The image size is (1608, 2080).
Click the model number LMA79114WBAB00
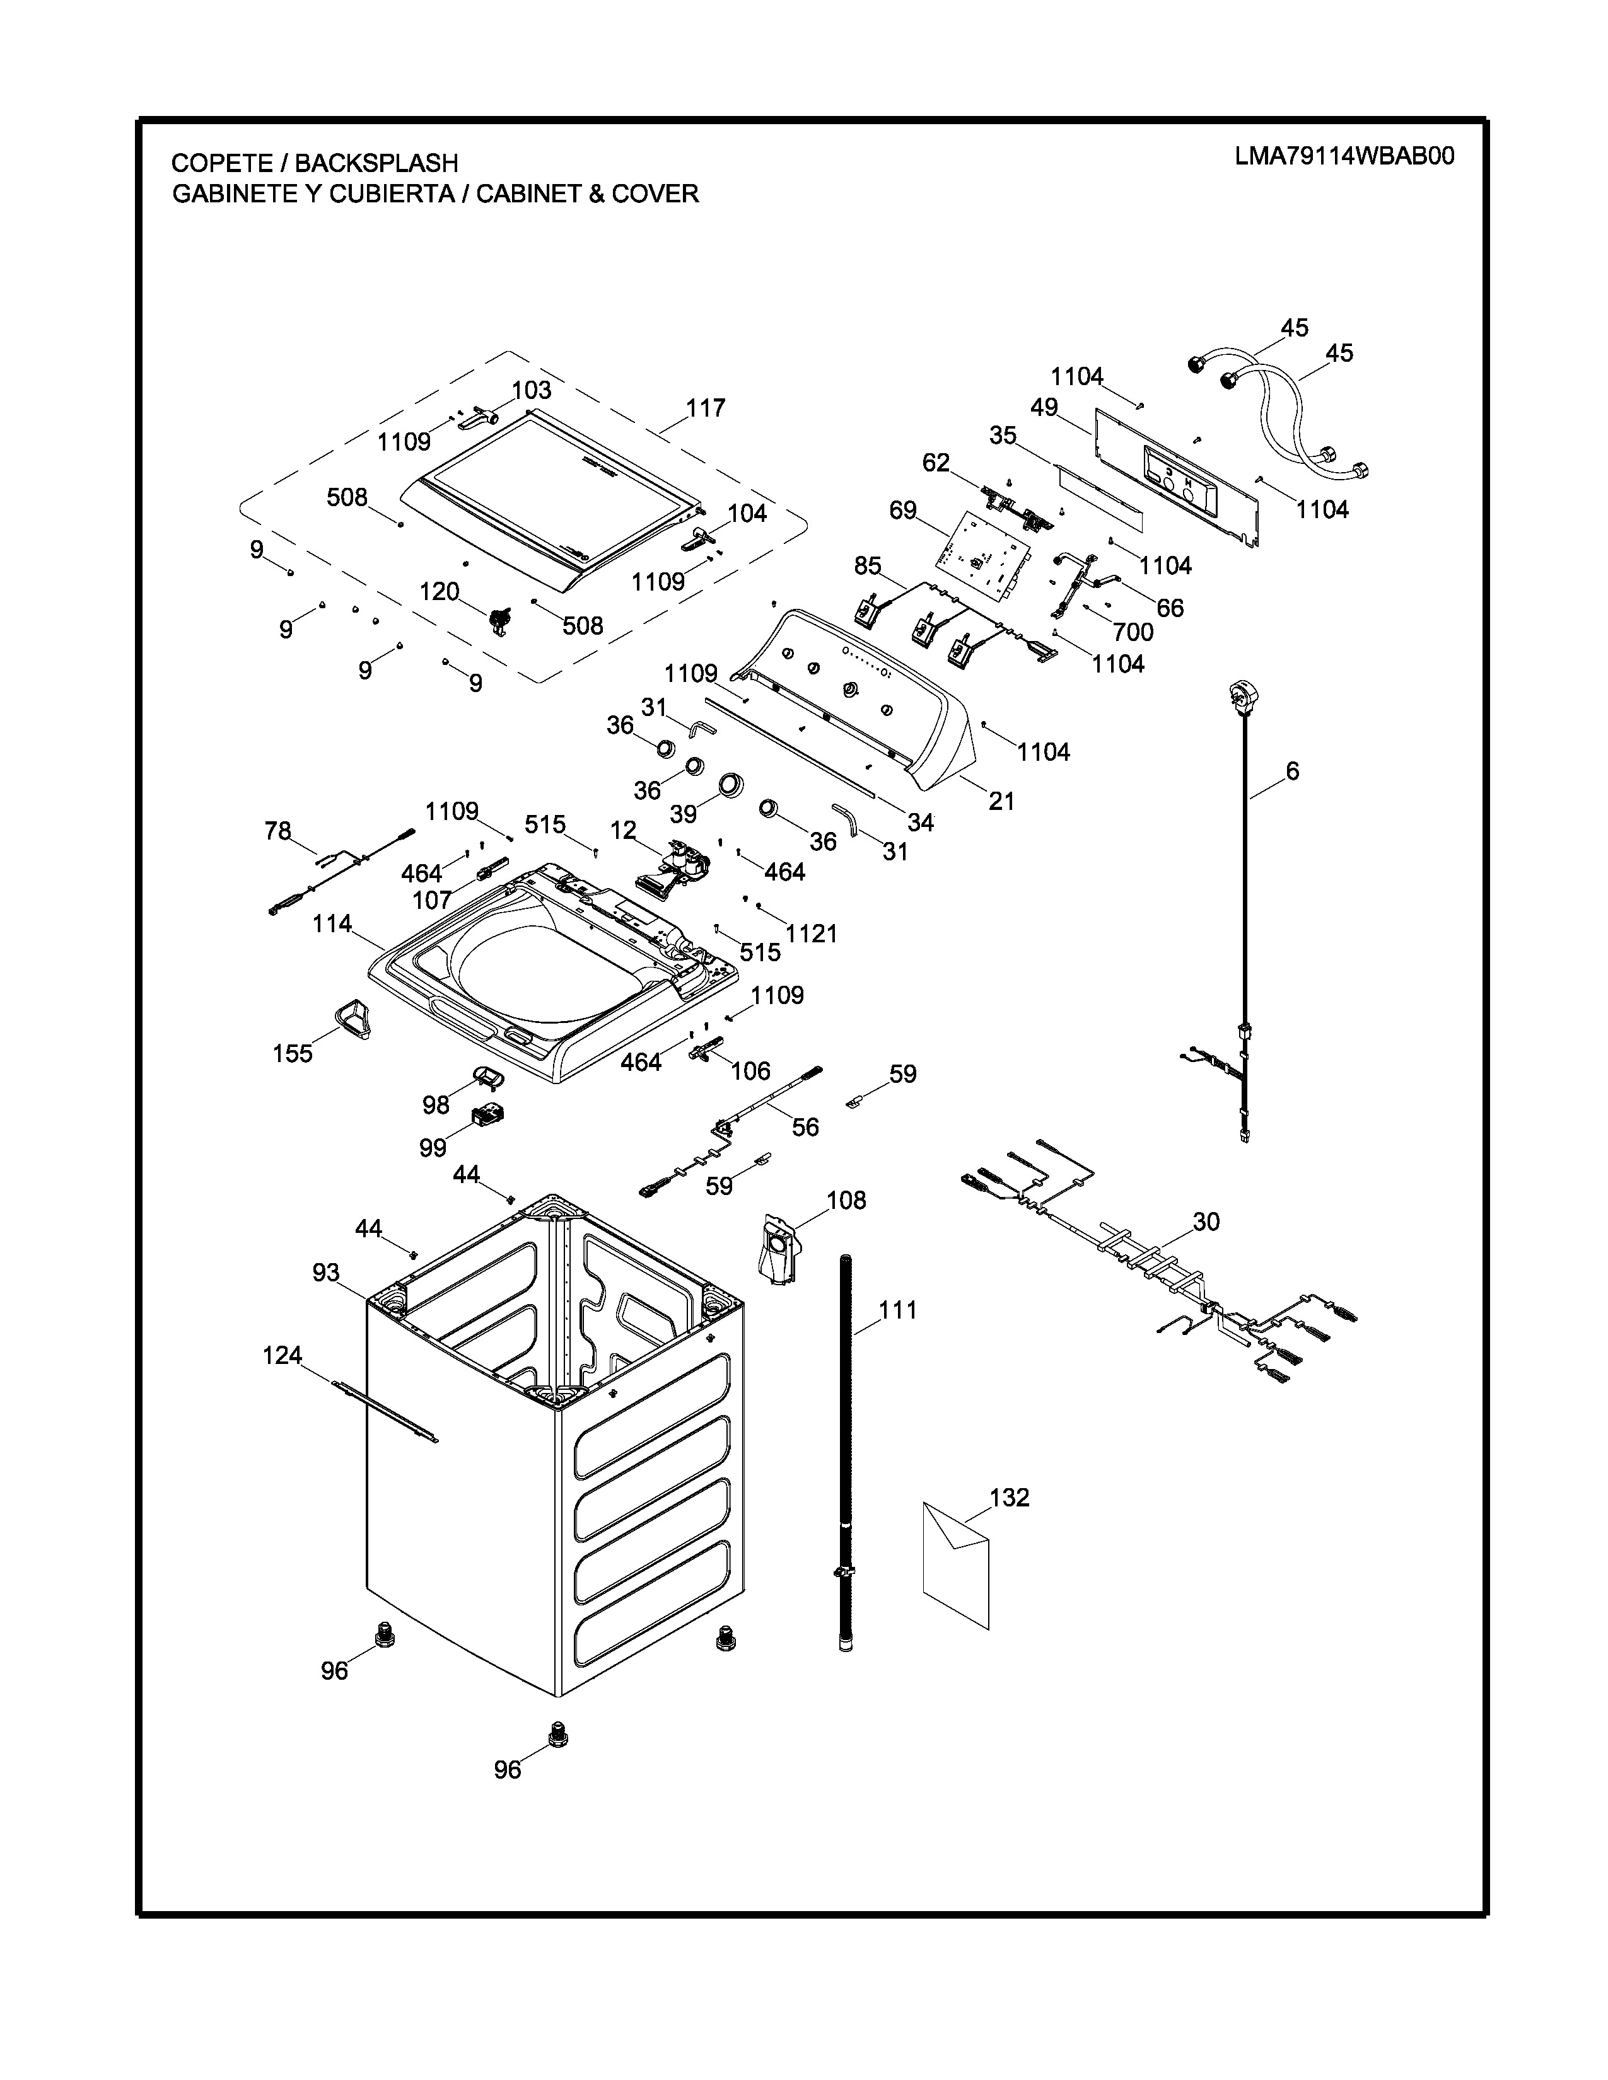point(1344,156)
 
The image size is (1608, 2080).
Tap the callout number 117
point(706,408)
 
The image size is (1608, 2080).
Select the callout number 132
point(1010,1498)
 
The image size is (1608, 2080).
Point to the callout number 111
point(897,1310)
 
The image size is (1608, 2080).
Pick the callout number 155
point(293,1053)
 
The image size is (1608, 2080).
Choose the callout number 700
point(1133,632)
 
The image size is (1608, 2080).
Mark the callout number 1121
point(812,933)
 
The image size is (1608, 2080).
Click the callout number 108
point(846,1200)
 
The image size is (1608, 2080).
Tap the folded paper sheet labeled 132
point(955,1562)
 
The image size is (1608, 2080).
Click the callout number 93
point(326,1273)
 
